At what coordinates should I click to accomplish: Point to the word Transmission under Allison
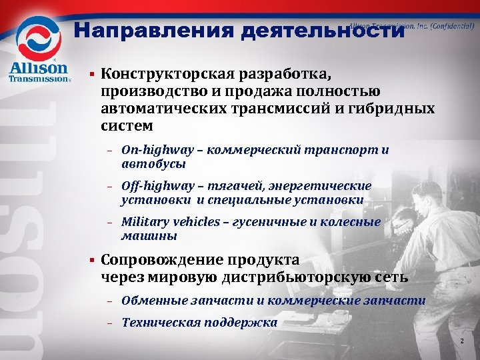tap(37, 79)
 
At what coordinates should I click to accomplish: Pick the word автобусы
tap(153, 164)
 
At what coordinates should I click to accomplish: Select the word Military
tap(145, 222)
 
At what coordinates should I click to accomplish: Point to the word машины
tap(149, 236)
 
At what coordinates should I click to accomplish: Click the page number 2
tap(462, 342)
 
